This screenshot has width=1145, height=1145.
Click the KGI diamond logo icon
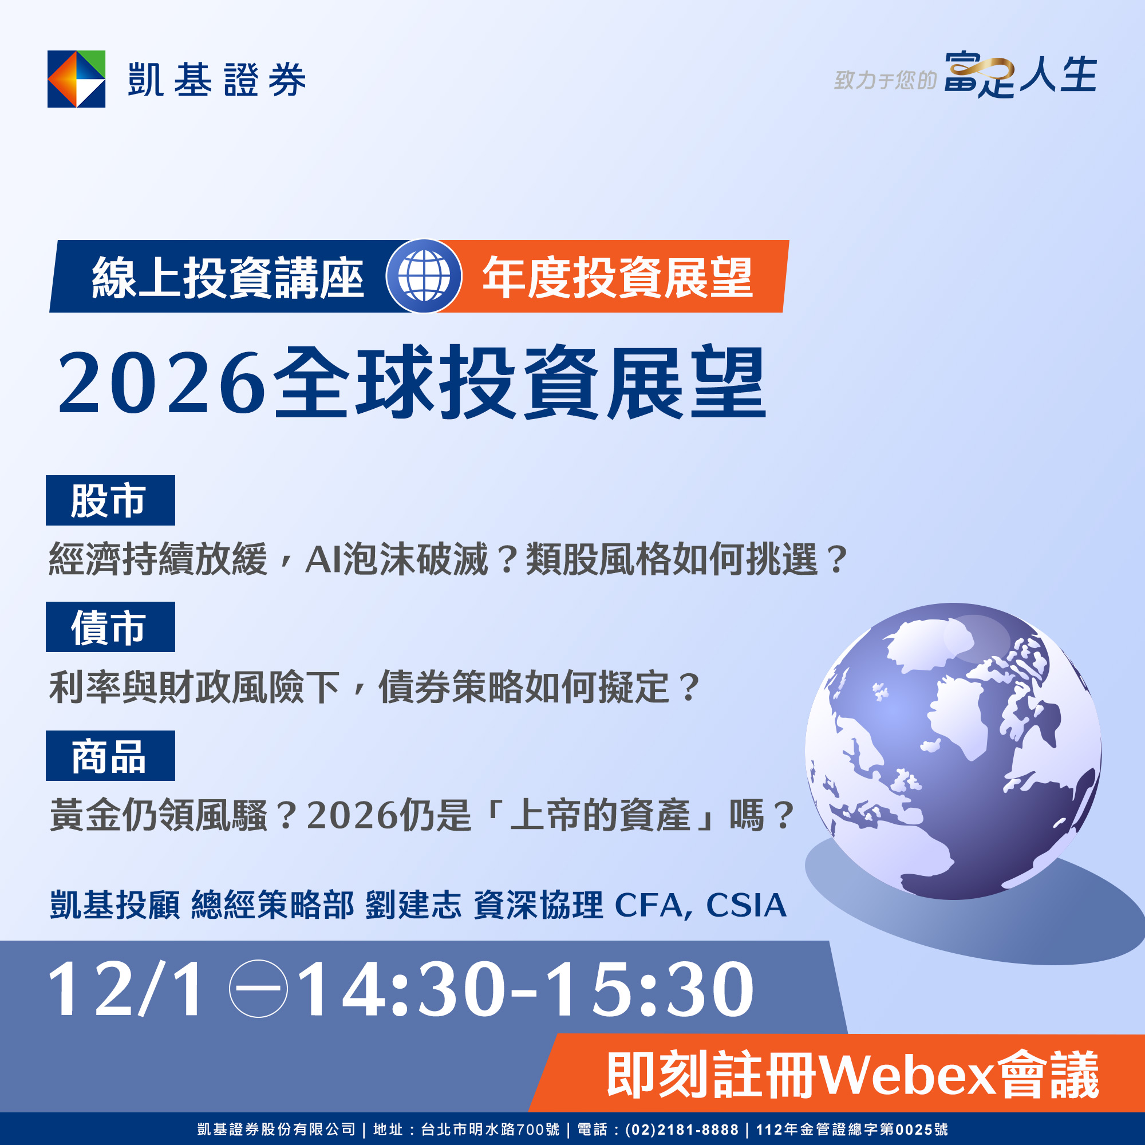[x=77, y=79]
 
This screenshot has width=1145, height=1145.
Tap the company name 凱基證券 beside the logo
[x=217, y=80]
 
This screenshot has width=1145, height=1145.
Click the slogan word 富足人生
[x=1020, y=75]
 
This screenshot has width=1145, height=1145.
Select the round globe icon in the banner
[x=424, y=276]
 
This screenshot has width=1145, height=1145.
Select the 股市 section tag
[x=110, y=500]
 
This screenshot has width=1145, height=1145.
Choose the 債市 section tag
[x=110, y=627]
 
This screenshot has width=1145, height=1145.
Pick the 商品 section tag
[x=110, y=756]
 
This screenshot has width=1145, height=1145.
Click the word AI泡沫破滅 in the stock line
[x=397, y=559]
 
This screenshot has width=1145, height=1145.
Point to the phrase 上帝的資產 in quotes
[x=601, y=815]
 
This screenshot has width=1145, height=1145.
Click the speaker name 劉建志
[x=414, y=905]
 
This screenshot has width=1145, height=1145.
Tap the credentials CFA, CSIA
[x=701, y=906]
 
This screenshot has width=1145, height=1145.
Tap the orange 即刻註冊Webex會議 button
[x=836, y=1074]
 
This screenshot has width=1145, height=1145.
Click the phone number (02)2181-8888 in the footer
[x=681, y=1130]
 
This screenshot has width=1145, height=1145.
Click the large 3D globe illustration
[x=953, y=751]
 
